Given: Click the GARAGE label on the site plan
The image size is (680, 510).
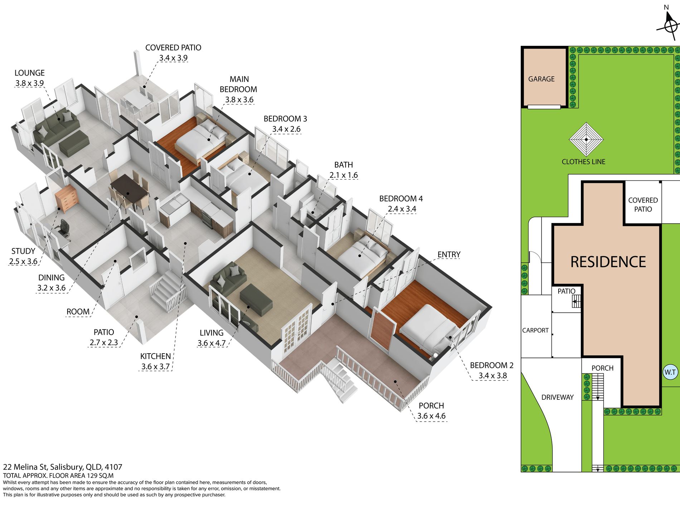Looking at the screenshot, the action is (541, 79).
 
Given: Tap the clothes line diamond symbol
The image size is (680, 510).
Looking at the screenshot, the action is (586, 140).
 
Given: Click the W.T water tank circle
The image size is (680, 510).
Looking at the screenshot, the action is (670, 372).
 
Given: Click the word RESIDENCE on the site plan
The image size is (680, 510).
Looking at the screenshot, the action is (608, 262).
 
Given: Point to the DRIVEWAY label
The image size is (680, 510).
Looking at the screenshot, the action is (557, 397).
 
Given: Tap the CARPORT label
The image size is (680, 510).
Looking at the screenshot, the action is (535, 330).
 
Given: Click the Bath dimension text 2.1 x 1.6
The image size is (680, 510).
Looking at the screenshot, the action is (344, 175).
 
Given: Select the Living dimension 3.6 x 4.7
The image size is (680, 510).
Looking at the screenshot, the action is (212, 343).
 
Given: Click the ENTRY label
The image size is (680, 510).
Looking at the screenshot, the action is (449, 254).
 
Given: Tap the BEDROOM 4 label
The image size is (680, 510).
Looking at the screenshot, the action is (401, 198).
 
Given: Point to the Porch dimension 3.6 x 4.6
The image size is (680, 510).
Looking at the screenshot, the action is (431, 416).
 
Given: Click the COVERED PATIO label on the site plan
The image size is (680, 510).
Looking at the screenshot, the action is (643, 205).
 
